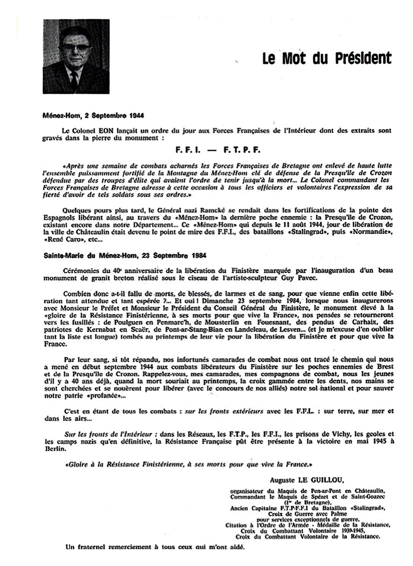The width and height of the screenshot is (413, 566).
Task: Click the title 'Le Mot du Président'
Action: [327, 58]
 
